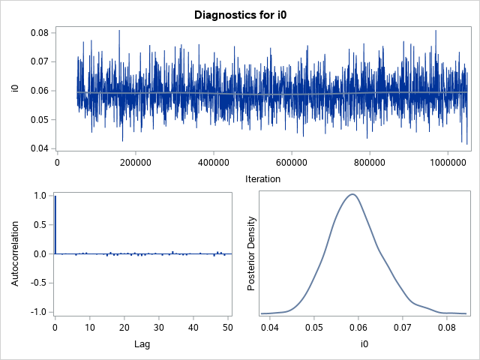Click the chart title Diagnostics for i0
239,14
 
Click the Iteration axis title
262,178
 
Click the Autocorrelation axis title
16,253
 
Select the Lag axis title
143,344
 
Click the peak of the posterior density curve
350,194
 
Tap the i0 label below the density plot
361,344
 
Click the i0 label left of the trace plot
16,90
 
